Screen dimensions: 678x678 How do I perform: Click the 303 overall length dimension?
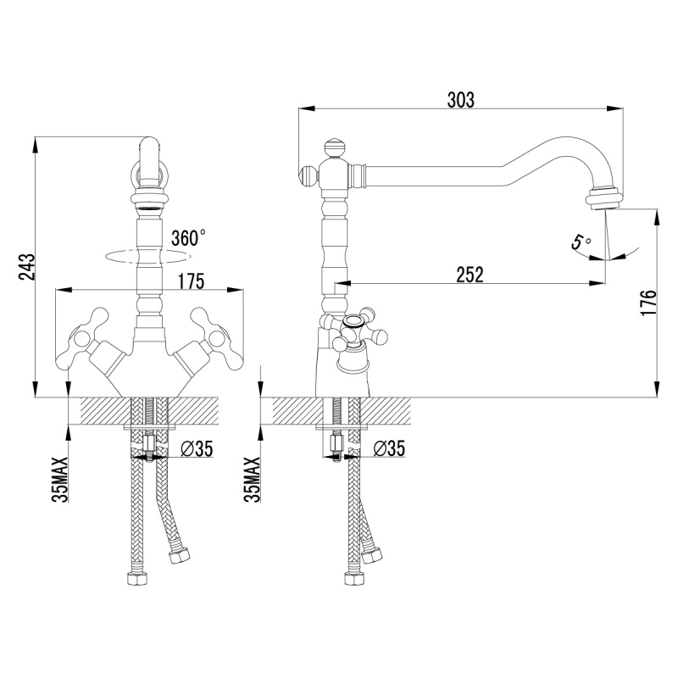pyautogui.click(x=460, y=100)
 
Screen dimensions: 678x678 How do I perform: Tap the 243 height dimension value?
pyautogui.click(x=27, y=267)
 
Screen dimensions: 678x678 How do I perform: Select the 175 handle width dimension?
pyautogui.click(x=191, y=281)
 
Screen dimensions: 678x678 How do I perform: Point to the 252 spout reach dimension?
pyautogui.click(x=470, y=275)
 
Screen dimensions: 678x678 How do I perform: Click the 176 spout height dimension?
pyautogui.click(x=648, y=303)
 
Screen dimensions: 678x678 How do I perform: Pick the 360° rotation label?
pyautogui.click(x=188, y=238)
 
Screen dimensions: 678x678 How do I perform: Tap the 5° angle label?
pyautogui.click(x=581, y=242)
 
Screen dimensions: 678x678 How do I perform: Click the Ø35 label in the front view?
pyautogui.click(x=197, y=449)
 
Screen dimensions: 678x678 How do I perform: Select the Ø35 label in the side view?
pyautogui.click(x=389, y=448)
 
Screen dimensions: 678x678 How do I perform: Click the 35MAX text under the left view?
pyautogui.click(x=60, y=480)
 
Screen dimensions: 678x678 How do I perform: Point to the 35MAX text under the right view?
pyautogui.click(x=253, y=480)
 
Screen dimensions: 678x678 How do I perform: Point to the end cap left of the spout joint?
pyautogui.click(x=308, y=177)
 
